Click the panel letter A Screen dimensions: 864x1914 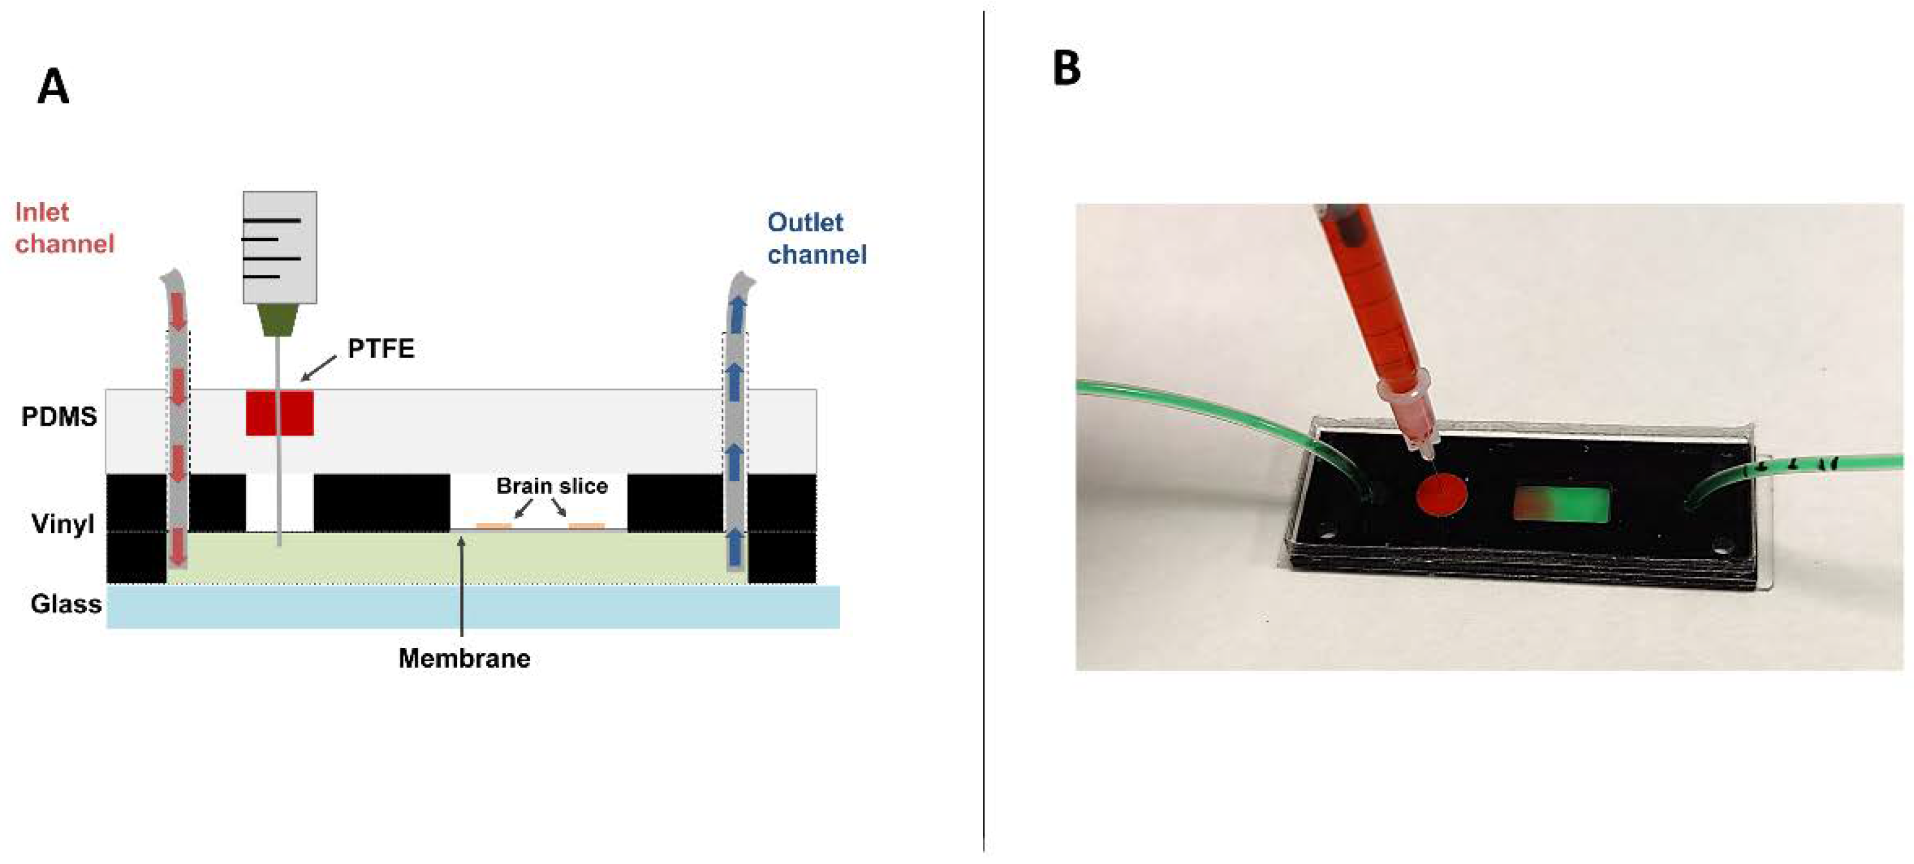pos(53,87)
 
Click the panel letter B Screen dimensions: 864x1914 pos(1066,68)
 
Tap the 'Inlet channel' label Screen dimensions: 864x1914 pos(64,228)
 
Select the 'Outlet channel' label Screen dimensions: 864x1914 pos(816,238)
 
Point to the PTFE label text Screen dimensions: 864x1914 pos(380,348)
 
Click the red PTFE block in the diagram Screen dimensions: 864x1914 pos(280,413)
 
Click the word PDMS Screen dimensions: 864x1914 pos(59,417)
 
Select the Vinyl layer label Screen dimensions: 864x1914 pos(62,524)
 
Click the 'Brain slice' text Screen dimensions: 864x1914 pos(552,486)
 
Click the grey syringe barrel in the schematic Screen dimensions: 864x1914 pos(280,247)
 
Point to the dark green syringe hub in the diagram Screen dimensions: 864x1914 pos(280,320)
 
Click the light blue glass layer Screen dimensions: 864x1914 pos(472,607)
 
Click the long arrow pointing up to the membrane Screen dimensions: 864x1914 pos(462,587)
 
